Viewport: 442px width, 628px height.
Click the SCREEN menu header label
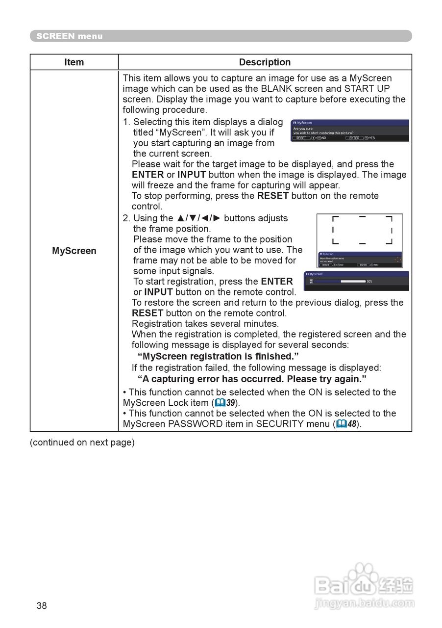69,36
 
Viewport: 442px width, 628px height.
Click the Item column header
74,62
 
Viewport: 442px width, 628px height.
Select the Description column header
265,62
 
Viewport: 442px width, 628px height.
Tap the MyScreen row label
74,251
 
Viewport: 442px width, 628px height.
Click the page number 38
42,605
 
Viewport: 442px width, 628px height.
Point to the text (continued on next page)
82,442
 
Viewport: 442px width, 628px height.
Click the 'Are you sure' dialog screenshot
349,131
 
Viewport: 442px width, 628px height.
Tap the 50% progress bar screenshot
356,281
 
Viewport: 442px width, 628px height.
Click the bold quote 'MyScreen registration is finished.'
218,356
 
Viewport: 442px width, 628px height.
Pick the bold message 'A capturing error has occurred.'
252,379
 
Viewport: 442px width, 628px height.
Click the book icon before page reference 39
220,403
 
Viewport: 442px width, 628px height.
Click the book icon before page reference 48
341,424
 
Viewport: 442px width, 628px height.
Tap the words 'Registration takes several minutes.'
205,324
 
